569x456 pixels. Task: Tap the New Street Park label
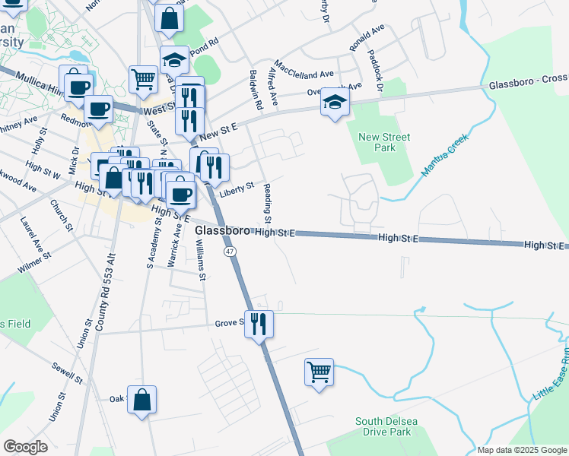[384, 142]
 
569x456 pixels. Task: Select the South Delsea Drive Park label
[383, 426]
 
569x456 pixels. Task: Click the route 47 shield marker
[230, 251]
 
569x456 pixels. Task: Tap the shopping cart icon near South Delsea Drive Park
[319, 372]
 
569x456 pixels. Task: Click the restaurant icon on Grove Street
[259, 324]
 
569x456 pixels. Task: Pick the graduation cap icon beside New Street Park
[334, 102]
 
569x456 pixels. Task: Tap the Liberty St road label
[236, 188]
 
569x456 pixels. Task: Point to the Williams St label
[200, 259]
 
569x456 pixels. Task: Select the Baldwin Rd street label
[256, 88]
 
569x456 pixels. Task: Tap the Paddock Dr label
[376, 68]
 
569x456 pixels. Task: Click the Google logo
[25, 447]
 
